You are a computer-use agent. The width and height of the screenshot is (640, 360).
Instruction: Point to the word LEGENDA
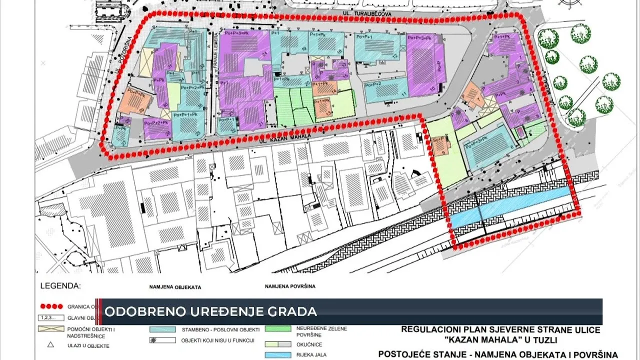click(60, 286)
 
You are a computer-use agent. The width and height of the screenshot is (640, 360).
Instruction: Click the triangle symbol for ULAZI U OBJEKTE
click(50, 345)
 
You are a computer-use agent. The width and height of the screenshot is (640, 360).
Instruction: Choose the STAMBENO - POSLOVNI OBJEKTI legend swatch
click(162, 329)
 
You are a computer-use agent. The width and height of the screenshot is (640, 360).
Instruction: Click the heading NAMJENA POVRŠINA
click(290, 287)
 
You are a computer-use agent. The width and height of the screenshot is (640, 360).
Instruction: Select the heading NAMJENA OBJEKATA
click(174, 287)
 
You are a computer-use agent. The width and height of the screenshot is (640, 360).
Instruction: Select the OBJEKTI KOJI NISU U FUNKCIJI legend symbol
click(162, 340)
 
